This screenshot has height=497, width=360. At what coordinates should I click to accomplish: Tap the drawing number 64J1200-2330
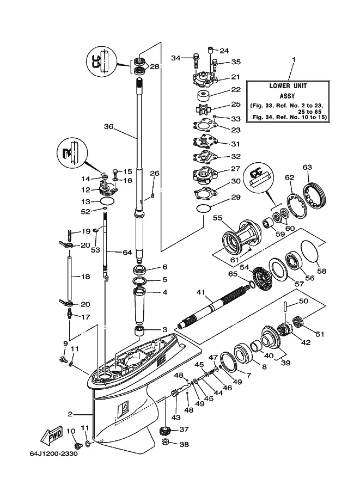53,453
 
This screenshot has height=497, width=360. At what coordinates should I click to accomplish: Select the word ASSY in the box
287,96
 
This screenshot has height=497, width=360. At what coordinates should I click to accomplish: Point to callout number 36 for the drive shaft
108,126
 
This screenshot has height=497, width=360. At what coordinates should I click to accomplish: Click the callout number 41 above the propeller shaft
200,292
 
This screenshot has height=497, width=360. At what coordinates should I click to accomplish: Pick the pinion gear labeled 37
166,431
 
